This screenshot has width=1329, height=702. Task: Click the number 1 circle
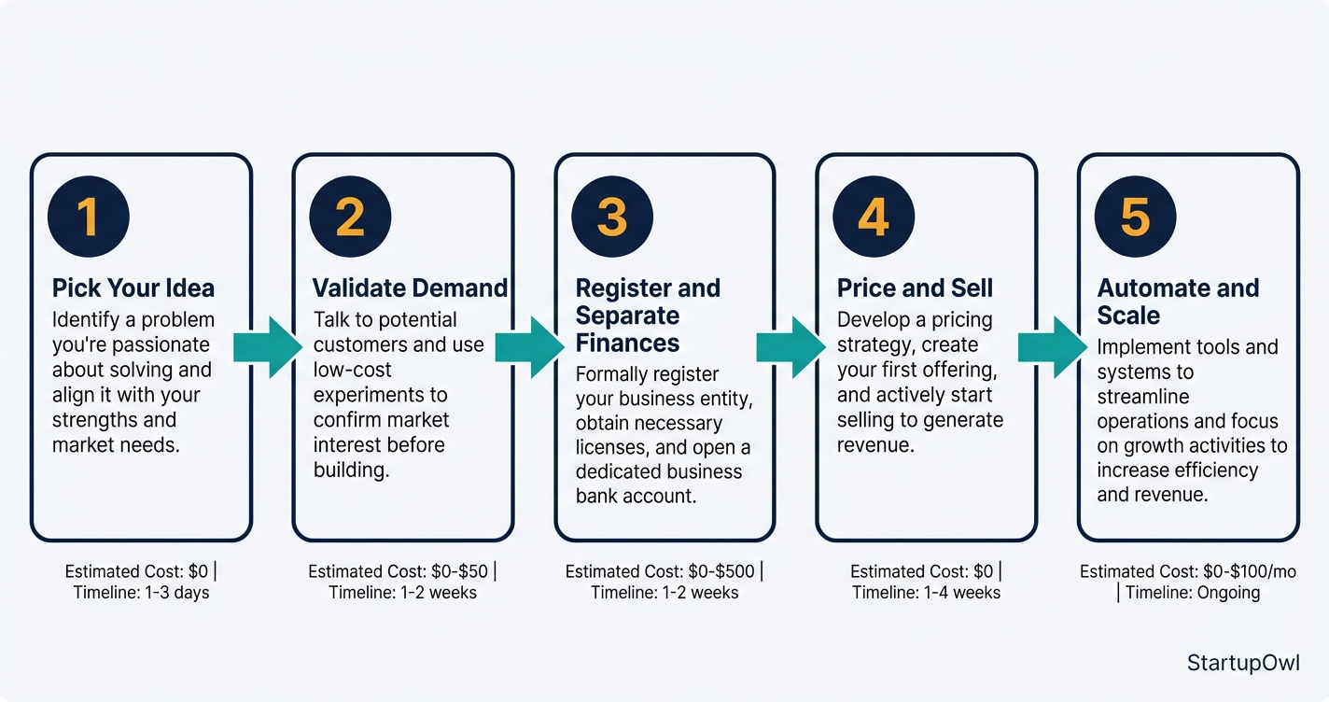(88, 217)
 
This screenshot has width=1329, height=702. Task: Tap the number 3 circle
(611, 217)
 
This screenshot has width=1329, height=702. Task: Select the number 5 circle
(1135, 217)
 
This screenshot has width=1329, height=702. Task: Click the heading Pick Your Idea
(133, 288)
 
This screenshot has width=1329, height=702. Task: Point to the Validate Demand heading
(410, 288)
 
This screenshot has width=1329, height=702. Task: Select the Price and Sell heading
(915, 288)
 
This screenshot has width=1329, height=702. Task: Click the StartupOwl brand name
(1243, 663)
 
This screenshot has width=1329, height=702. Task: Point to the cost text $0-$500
(722, 571)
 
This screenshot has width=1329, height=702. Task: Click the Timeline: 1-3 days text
(142, 593)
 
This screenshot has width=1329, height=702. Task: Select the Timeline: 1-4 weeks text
(926, 593)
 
